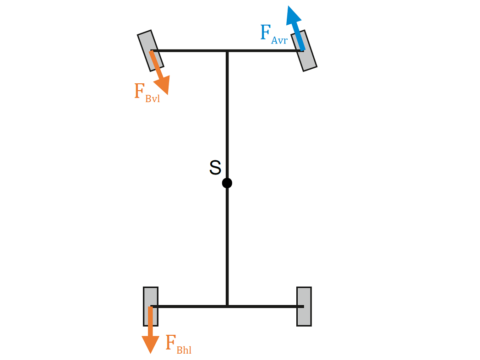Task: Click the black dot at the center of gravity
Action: (x=227, y=183)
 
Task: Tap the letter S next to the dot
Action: (x=215, y=168)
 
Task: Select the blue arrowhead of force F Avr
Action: (x=293, y=16)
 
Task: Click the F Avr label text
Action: (x=273, y=35)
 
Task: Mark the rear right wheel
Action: (x=304, y=306)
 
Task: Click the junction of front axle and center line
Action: (x=227, y=50)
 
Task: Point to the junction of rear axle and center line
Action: (x=227, y=306)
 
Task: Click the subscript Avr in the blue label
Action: (x=279, y=40)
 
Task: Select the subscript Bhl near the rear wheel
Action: (x=184, y=350)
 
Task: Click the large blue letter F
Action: (x=265, y=33)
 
